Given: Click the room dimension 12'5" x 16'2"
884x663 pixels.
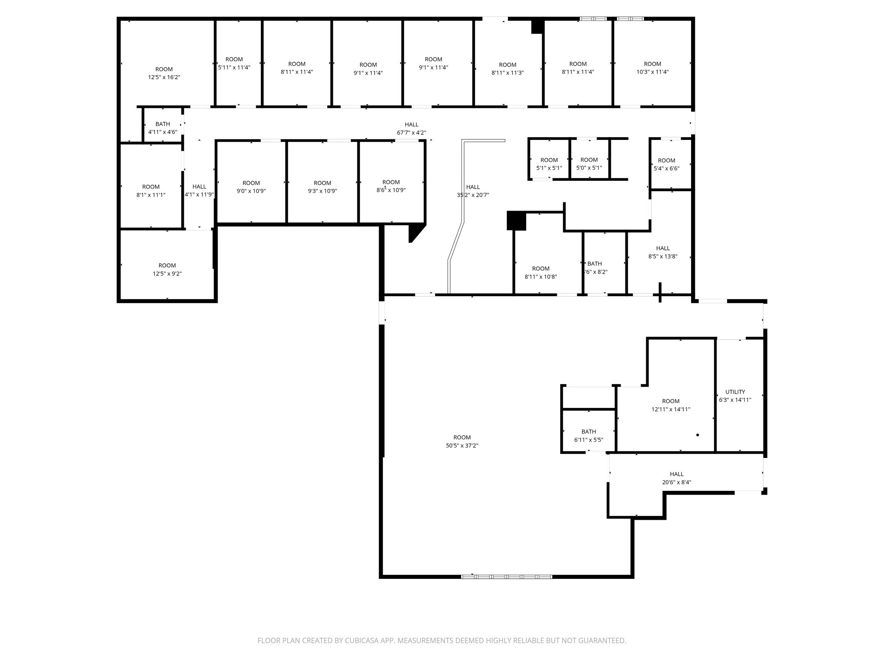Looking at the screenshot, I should pos(164,77).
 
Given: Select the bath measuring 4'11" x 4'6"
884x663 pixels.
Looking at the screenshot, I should pos(163,128).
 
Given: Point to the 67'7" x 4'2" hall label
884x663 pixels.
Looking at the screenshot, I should pos(411,129).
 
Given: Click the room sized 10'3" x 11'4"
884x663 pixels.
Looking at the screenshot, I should pos(652,68).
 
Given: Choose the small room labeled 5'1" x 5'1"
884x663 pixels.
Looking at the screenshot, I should pos(549,164).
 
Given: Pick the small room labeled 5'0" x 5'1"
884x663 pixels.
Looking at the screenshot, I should pos(589,164).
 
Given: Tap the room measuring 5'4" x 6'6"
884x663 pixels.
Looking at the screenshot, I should pos(666,164).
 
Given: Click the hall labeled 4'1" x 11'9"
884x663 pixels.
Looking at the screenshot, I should pos(199,190).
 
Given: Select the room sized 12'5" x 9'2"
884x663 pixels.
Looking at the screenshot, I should pos(167,269).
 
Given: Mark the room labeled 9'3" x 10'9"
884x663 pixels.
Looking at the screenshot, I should pos(322,187).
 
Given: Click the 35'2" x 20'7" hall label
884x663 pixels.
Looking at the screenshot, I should pos(473,191).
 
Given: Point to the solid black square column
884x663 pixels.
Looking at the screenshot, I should pos(516,221).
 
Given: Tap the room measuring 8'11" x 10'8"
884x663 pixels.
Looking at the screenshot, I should pos(540,272).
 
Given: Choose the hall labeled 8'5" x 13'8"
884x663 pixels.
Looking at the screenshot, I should pos(663,252).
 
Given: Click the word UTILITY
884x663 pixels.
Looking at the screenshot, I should pos(735,392).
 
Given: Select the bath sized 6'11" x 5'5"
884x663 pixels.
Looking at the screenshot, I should pos(588,436).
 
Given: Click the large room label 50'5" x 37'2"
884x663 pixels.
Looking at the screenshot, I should pos(462,442).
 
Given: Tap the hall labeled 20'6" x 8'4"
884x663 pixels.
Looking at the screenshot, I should pos(676,478).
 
